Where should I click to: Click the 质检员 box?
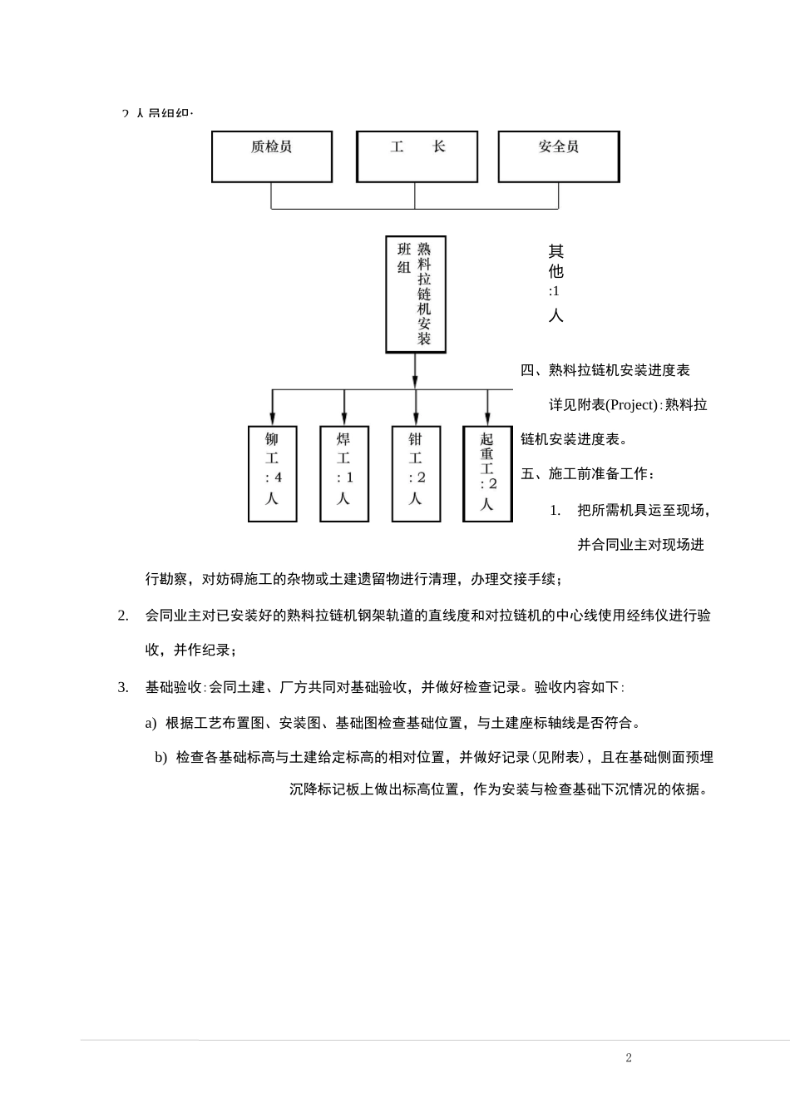272,156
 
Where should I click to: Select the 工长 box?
417,156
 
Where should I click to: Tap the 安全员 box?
558,156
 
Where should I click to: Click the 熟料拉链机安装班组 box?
415,294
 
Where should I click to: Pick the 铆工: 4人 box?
272,473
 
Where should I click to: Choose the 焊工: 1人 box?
344,473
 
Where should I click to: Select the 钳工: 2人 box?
416,473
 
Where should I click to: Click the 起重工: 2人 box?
487,473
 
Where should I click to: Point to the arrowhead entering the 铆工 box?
272,418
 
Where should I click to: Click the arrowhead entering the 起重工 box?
487,418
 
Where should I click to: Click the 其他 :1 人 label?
555,282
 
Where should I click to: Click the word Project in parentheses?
633,405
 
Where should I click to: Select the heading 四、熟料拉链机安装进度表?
605,370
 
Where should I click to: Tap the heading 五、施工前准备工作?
588,474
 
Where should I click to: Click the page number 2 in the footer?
629,1058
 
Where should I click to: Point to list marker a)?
151,723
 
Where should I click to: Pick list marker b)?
160,757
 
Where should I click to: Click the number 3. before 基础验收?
123,687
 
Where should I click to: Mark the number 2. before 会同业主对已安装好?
123,616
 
